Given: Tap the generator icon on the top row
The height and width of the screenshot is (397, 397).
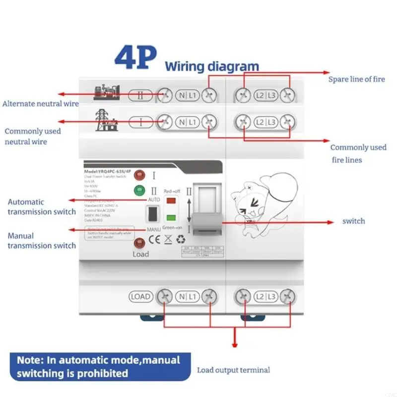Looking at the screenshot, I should coord(107,92).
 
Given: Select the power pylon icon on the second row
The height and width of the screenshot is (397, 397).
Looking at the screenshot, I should coord(105,121).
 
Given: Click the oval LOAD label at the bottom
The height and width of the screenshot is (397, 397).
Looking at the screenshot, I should coord(140,297).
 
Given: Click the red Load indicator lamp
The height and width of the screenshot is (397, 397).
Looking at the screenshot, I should coord(140,243).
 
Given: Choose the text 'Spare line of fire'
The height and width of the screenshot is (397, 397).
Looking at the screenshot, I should coord(356,79).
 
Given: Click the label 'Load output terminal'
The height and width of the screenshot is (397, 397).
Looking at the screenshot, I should coord(233,370).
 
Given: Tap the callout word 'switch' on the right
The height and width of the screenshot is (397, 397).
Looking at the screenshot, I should coord(353,221).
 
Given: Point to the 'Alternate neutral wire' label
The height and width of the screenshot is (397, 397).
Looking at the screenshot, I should coord(41,104).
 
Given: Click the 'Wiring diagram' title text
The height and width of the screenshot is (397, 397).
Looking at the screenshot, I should coord(212,66).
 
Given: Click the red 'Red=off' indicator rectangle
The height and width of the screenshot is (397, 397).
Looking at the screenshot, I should coord(171,200).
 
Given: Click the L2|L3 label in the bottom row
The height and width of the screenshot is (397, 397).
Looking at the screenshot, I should coord(265,297).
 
